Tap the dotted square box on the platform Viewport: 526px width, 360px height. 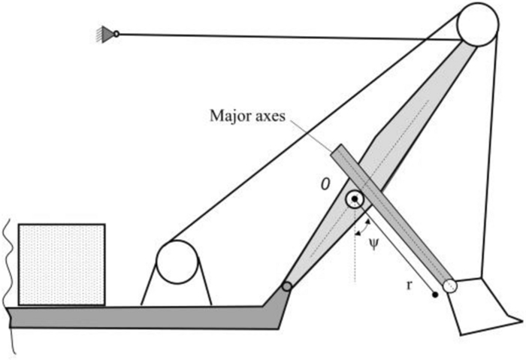61,265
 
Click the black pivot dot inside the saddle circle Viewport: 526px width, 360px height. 352,200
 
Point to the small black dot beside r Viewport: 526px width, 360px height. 435,295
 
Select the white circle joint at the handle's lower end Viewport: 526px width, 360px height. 450,286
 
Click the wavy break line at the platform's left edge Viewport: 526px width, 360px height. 8,286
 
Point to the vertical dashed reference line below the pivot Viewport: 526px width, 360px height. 352,248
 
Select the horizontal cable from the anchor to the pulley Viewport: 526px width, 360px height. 286,35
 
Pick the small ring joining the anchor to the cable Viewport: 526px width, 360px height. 116,32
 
